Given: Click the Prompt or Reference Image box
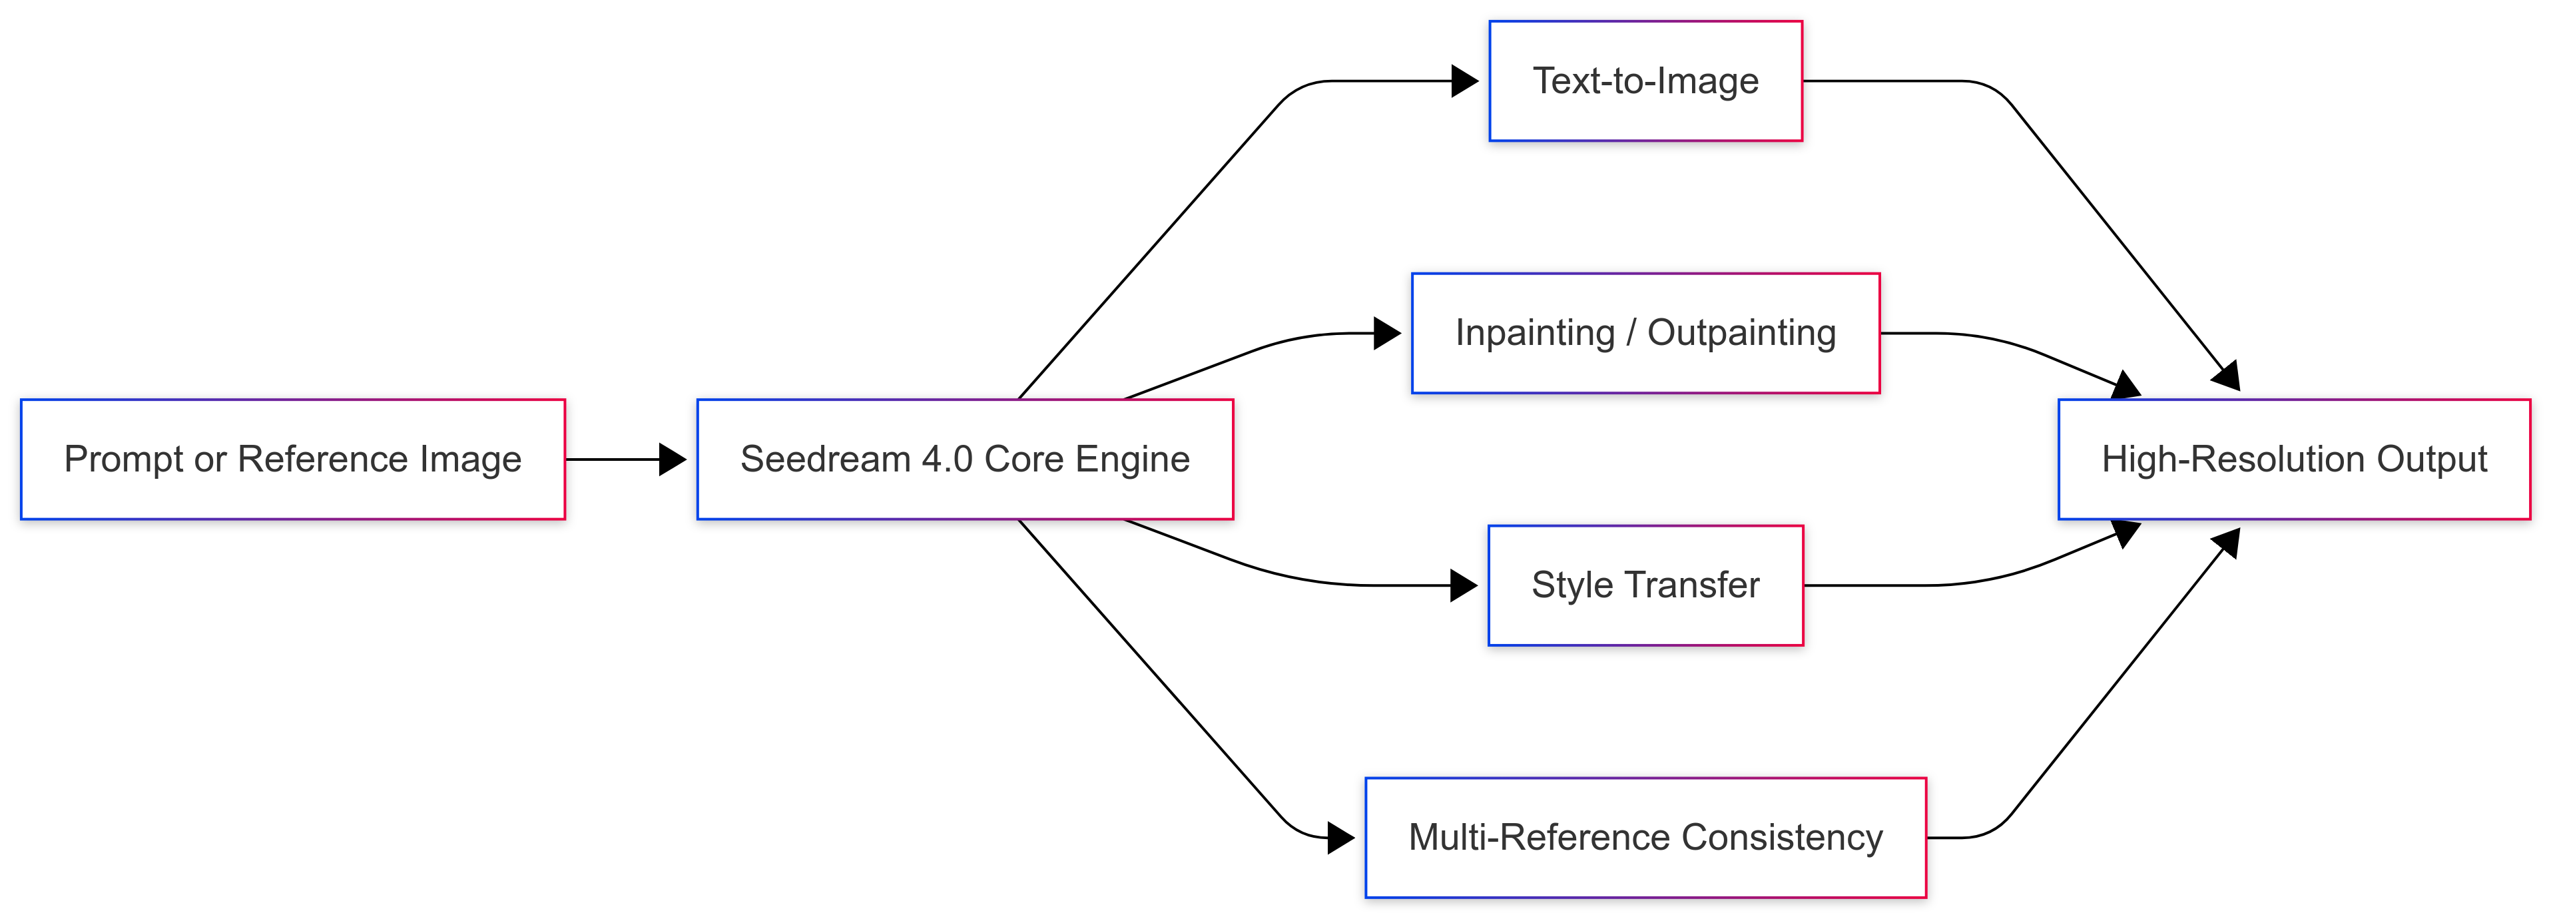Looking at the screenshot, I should tap(293, 460).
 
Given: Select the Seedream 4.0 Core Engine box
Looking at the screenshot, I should tap(965, 460).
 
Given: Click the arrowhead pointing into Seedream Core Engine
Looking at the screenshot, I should tap(673, 460).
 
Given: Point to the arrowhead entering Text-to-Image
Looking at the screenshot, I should tap(1465, 81).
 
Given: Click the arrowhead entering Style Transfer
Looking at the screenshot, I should tap(1464, 585).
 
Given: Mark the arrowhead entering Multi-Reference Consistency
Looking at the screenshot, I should tap(1341, 838).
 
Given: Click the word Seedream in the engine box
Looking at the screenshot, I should tap(825, 460).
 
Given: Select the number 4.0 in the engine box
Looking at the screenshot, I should tap(947, 460).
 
